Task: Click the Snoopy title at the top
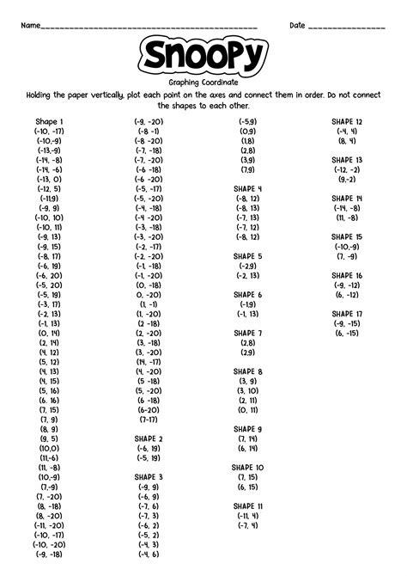[x=203, y=57]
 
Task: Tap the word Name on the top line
[x=30, y=25]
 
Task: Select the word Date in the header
[x=297, y=25]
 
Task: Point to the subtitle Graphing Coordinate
[x=203, y=83]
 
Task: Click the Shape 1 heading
[x=49, y=122]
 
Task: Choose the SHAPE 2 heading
[x=149, y=438]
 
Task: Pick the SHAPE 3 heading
[x=149, y=476]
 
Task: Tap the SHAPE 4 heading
[x=247, y=188]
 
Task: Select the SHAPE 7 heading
[x=247, y=333]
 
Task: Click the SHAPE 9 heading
[x=247, y=428]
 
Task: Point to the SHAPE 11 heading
[x=247, y=506]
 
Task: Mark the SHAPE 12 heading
[x=347, y=122]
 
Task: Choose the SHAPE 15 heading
[x=347, y=236]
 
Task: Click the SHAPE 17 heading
[x=347, y=314]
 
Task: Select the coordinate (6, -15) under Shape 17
[x=347, y=333]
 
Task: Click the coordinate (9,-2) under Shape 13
[x=347, y=179]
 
